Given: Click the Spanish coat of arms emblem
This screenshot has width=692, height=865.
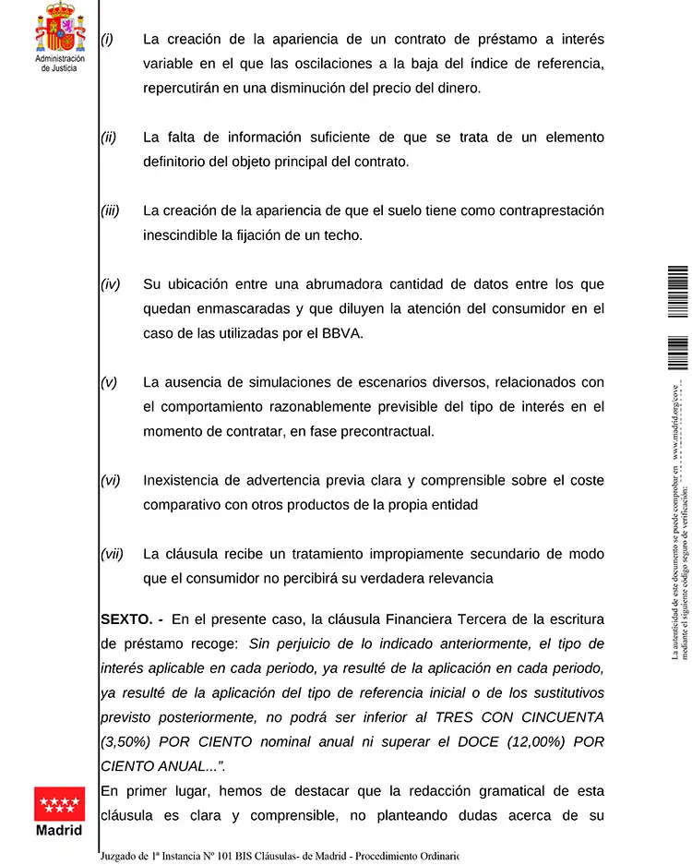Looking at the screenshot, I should pos(59,27).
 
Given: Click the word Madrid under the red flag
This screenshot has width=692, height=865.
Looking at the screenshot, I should pos(59,829).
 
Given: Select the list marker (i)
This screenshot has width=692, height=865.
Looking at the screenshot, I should pos(107,40).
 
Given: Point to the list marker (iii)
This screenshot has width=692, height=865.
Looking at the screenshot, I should pos(110,210).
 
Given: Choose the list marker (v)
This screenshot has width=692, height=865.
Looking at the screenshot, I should pos(109,382).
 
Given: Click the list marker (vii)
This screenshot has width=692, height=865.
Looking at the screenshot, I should pos(112,554).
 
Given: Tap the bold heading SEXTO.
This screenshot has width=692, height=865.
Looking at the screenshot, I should pos(127,619).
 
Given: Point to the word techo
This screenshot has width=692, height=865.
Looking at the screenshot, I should pos(342,235).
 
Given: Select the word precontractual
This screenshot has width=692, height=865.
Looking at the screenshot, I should pos(380,431).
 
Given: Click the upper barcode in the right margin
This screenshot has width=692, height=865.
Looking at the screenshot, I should pos(678,292).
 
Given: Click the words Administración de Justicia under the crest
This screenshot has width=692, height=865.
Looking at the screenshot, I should pos(59,63).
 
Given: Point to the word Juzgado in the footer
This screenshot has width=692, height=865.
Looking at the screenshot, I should pos(122,856).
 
